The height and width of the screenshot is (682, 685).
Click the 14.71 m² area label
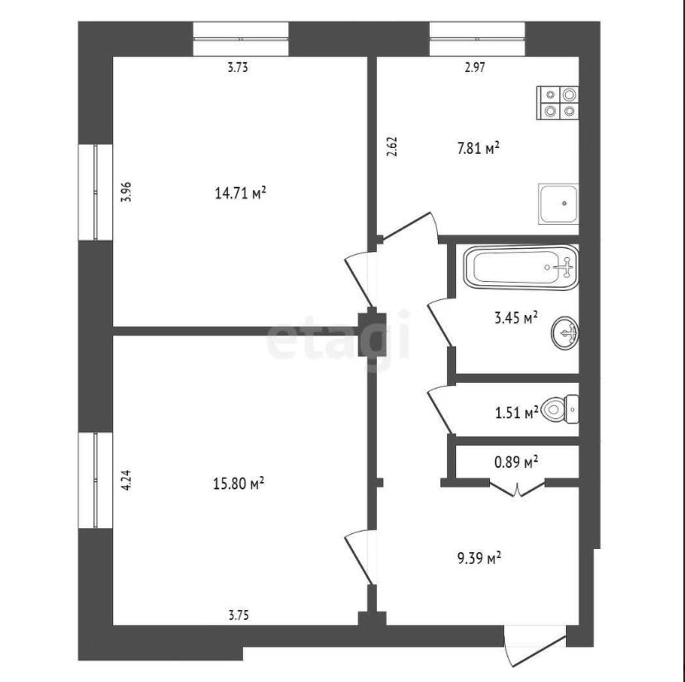(x=240, y=193)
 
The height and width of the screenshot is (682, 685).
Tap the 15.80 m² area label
(x=239, y=484)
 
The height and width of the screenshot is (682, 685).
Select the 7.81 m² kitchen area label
(x=478, y=148)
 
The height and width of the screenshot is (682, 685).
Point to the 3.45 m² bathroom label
(x=516, y=317)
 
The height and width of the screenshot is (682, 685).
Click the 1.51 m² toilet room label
(x=516, y=413)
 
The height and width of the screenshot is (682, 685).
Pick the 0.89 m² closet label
(x=516, y=461)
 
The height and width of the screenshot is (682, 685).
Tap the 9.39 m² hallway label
(x=479, y=558)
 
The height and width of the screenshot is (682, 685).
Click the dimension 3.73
(x=238, y=67)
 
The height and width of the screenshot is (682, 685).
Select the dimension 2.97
(x=475, y=67)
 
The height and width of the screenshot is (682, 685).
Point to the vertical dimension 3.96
(x=126, y=192)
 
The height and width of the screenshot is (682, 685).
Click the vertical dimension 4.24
(x=126, y=479)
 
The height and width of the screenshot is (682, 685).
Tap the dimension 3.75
(x=239, y=615)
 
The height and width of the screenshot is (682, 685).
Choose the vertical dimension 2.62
(x=392, y=146)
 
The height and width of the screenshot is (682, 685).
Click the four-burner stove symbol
(x=558, y=103)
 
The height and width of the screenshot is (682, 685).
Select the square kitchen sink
(x=559, y=203)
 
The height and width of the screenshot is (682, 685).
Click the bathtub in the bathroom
(x=521, y=267)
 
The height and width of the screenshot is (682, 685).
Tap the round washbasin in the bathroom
(x=565, y=333)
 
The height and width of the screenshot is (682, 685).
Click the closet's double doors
(x=517, y=489)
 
